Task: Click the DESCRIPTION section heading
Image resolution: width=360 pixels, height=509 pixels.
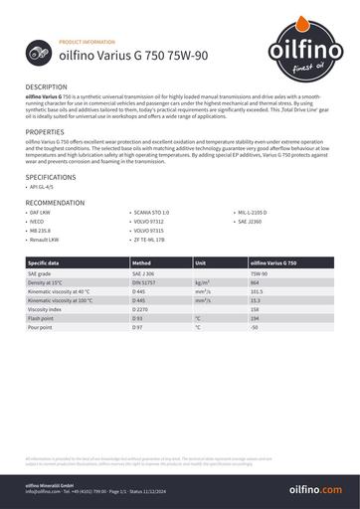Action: (x=47, y=87)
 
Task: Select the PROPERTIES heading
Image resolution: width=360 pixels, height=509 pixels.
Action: (x=45, y=131)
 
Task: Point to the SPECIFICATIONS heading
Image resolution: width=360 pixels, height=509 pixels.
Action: (x=51, y=175)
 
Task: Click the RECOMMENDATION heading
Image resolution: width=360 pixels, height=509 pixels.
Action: (x=56, y=202)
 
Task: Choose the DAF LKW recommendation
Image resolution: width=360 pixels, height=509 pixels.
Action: (x=42, y=213)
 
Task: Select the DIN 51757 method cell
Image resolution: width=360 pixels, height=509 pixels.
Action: (x=145, y=282)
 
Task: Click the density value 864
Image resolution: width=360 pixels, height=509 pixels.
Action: (x=256, y=282)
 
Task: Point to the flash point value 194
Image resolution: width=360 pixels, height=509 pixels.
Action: (x=256, y=317)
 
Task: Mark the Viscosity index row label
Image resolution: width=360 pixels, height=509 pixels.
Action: (x=46, y=308)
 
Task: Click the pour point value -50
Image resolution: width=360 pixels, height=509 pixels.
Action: (x=255, y=326)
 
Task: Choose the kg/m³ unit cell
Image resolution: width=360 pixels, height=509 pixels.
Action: (x=203, y=282)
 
